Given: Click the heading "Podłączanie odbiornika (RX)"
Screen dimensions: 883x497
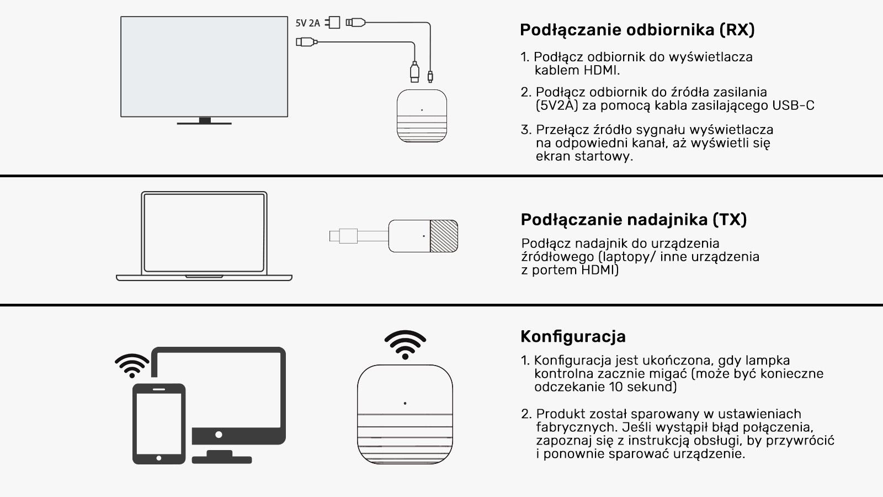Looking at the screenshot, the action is coord(637,30).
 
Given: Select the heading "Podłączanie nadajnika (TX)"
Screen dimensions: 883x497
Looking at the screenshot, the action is coord(634,220).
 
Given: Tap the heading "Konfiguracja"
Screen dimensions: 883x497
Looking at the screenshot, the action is coord(573,336).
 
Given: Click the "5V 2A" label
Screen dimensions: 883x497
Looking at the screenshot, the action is coord(307,23).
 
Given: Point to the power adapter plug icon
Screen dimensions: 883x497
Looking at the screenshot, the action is coord(333,23).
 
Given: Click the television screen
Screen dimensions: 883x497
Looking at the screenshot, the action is coord(204,67).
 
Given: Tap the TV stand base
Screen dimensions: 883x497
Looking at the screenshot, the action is coord(204,124).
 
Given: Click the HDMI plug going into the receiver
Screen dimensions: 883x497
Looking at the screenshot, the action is coord(414,72).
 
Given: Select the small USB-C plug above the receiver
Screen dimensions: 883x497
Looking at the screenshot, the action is coord(430,76).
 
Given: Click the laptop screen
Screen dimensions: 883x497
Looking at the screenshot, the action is coord(204,232).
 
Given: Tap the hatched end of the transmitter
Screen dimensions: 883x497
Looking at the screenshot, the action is coord(444,236).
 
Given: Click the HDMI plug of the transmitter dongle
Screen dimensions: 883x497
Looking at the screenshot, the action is coord(343,236).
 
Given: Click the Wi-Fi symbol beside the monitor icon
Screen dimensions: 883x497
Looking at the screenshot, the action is coord(132,366).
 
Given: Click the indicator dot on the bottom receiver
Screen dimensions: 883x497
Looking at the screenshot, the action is coord(405,403).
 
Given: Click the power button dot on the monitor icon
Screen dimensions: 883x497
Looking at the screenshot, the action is coord(219,435).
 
